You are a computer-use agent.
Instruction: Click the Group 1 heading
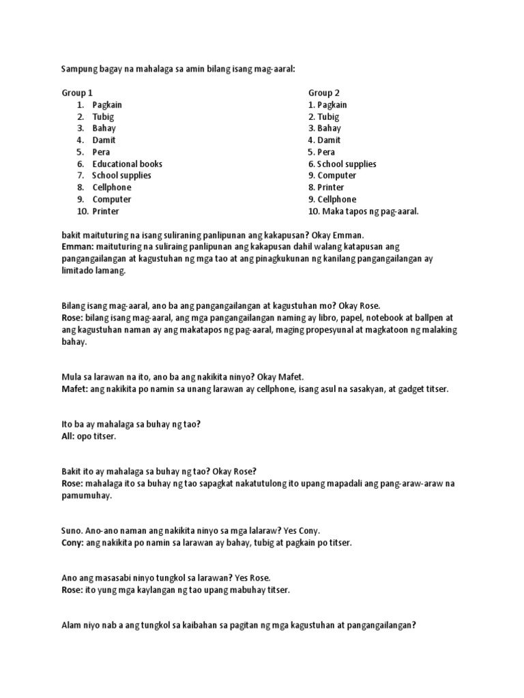click(77, 93)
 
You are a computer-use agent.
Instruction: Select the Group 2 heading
click(324, 93)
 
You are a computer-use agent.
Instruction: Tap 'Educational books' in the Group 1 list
click(128, 164)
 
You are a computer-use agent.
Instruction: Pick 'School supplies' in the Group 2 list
click(346, 164)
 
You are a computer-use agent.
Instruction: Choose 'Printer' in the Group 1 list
click(106, 211)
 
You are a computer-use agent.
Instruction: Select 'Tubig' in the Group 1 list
click(103, 117)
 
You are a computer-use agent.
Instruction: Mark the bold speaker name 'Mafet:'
click(75, 389)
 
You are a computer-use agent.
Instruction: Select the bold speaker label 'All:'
click(69, 436)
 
